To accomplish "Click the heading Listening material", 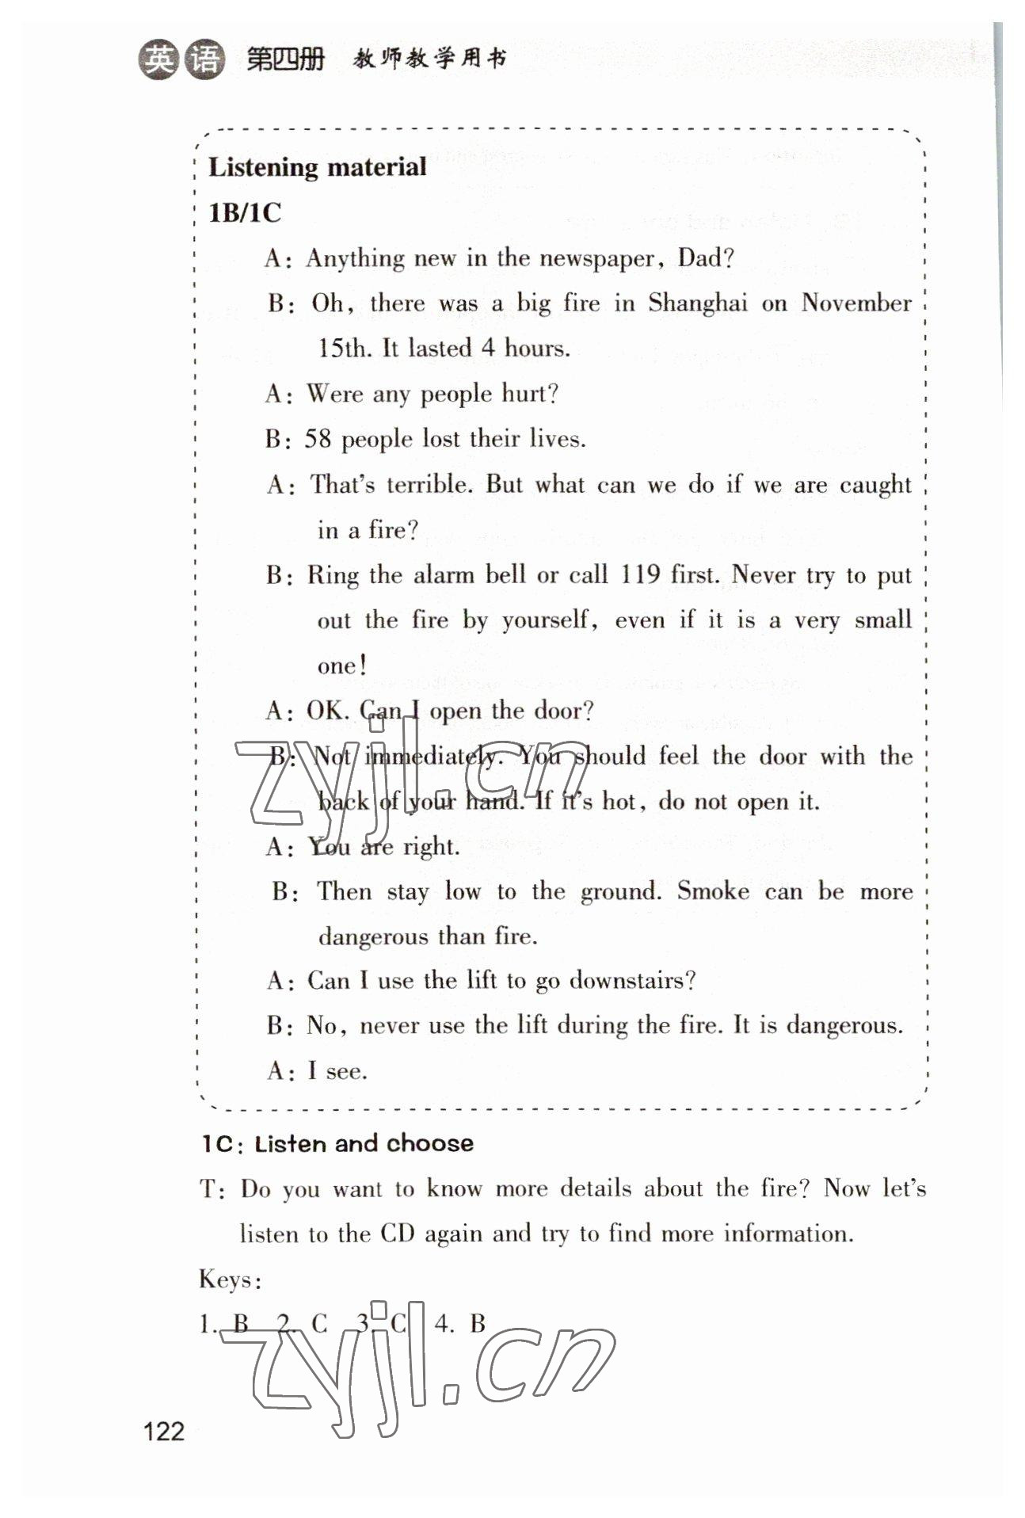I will click(x=317, y=167).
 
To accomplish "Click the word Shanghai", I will click(x=697, y=303).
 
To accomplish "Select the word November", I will click(x=855, y=303).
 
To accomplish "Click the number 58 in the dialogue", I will click(x=318, y=439).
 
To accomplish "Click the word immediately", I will click(x=432, y=757).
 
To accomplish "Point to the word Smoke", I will click(x=713, y=891).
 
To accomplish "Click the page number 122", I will click(x=163, y=1431).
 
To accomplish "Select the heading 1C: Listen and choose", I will click(x=337, y=1143).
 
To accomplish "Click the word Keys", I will click(x=230, y=1280).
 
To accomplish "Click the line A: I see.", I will click(x=317, y=1071).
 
